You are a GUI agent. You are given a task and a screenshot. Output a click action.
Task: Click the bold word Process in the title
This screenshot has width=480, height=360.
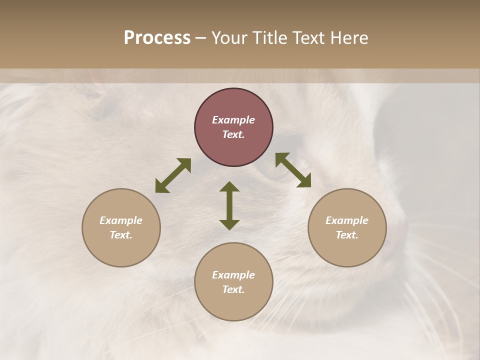click(x=157, y=38)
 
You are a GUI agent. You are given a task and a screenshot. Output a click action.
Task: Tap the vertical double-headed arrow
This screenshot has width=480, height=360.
click(x=229, y=205)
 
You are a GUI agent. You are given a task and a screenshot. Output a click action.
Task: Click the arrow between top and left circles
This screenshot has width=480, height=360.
click(x=173, y=175)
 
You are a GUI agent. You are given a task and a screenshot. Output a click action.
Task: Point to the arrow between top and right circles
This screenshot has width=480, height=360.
click(x=293, y=170)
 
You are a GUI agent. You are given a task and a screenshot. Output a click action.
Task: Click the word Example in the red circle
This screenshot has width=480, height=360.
click(x=233, y=120)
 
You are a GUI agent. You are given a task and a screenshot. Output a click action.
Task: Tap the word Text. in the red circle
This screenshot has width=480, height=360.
click(x=233, y=134)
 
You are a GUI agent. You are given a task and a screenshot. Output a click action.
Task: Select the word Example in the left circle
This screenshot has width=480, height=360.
click(x=121, y=220)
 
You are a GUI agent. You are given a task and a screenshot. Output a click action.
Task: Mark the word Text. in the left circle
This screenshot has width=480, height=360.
click(x=121, y=235)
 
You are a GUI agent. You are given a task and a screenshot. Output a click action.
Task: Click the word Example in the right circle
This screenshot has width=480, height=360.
click(x=347, y=220)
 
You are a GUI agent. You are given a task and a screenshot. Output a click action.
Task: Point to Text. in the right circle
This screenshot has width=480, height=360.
click(x=347, y=235)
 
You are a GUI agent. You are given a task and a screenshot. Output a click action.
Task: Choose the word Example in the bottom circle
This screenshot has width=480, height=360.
click(x=233, y=275)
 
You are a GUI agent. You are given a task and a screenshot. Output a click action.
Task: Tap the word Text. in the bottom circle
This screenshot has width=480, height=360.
click(x=233, y=289)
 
